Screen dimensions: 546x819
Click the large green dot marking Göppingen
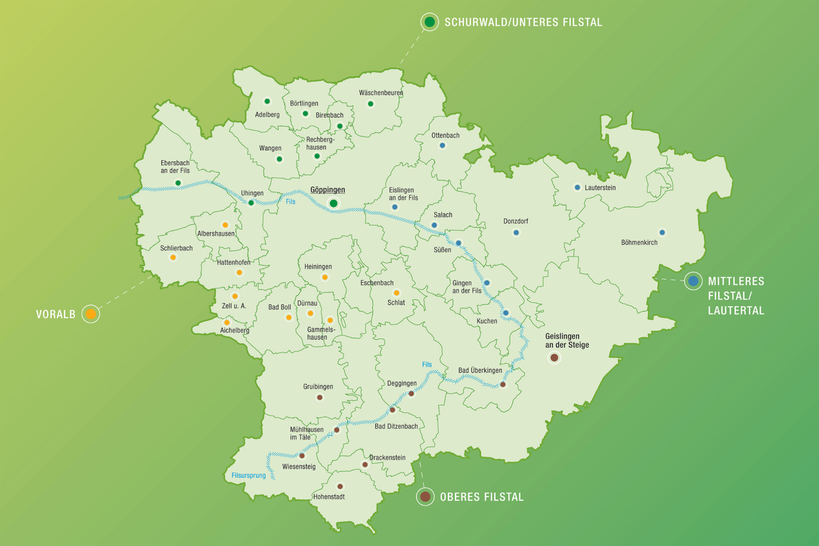coord(333,203)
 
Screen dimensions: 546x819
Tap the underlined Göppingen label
coord(328,190)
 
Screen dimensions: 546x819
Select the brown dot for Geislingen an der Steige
coord(554,358)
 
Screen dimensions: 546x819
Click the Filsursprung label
coord(249,475)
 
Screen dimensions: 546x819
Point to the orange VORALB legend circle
coord(91,314)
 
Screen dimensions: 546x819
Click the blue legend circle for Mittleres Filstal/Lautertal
coord(693,281)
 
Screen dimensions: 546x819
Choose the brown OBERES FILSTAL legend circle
coord(425,496)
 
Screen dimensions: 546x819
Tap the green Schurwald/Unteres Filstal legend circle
coord(429,22)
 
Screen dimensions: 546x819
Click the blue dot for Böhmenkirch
coord(662,232)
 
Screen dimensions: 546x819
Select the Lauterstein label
coord(600,188)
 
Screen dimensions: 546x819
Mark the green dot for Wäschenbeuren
coord(370,104)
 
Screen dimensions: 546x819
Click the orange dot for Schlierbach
coord(173,257)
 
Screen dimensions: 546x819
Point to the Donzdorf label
coord(516,221)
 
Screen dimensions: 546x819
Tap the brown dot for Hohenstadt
coord(340,486)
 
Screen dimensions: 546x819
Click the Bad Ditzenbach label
coord(396,427)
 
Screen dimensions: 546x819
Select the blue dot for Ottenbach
coord(442,145)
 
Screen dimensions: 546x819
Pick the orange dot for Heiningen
coord(325,277)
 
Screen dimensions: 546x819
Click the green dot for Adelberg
coord(267,101)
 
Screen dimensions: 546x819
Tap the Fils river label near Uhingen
coord(291,201)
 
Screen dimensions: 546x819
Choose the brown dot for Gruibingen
coord(319,397)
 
